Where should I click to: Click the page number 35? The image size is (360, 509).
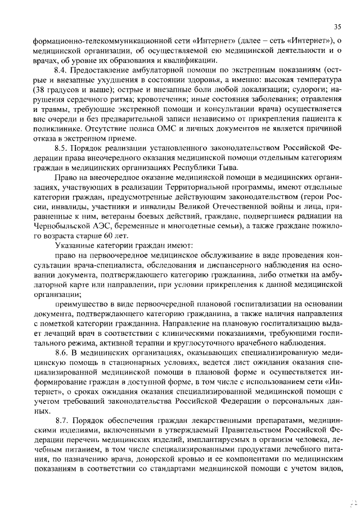coord(337,26)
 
